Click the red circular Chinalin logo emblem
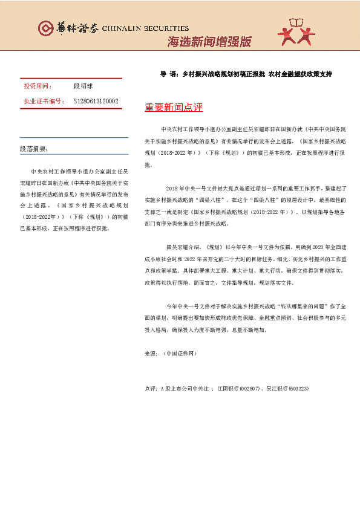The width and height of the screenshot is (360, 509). (45, 28)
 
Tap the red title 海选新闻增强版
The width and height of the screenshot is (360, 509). (209, 42)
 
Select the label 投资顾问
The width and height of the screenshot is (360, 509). (38, 86)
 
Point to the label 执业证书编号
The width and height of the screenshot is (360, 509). (44, 101)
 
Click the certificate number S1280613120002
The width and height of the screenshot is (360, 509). (96, 101)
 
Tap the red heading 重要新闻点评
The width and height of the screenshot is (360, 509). (174, 108)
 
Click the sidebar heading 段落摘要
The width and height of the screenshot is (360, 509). (34, 149)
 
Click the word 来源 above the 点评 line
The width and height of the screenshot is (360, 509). (151, 353)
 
